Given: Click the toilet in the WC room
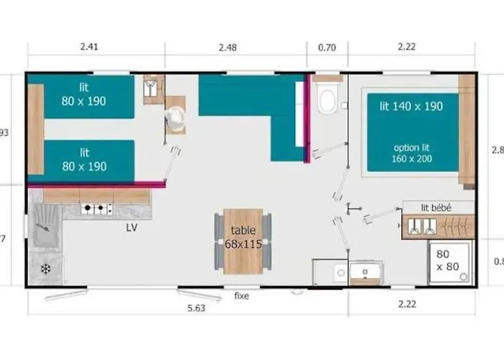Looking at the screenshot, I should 328,99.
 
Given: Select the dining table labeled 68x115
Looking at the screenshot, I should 243,240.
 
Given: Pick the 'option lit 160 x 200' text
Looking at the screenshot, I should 413,153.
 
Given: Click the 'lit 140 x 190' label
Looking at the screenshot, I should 411,107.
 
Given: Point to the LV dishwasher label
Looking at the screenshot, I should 131,228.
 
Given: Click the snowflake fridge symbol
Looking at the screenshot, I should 46,269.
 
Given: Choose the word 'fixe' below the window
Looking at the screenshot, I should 241,296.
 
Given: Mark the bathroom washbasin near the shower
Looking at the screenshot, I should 365,272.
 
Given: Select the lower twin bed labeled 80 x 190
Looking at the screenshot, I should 89,160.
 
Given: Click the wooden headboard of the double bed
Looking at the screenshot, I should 467,130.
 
